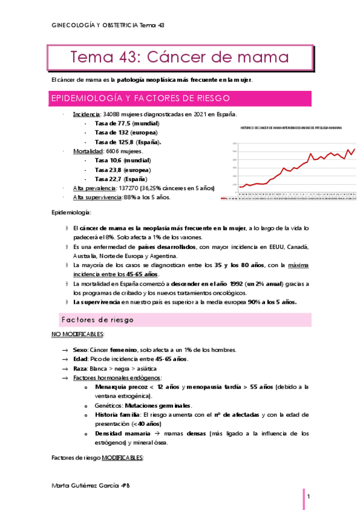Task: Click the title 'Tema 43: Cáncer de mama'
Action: click(x=180, y=58)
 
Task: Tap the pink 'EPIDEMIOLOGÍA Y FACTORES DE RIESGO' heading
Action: click(x=141, y=99)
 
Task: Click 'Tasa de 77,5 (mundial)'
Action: click(x=123, y=123)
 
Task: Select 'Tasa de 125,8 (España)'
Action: click(x=127, y=142)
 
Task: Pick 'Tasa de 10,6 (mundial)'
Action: click(x=123, y=161)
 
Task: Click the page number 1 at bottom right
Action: click(x=308, y=497)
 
